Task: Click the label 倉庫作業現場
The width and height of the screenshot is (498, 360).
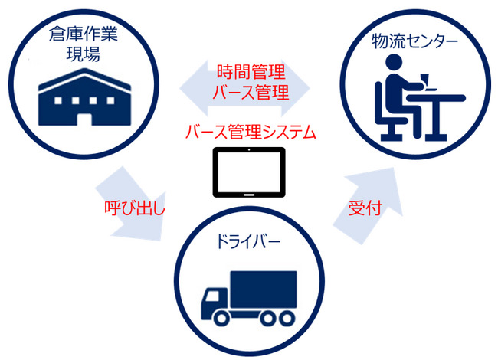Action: [x=84, y=44]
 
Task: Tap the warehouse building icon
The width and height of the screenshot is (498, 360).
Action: [x=84, y=97]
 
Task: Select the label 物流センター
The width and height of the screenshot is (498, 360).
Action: [x=414, y=41]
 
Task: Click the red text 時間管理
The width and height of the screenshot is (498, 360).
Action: [x=251, y=72]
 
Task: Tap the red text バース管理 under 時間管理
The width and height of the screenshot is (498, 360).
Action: [x=251, y=92]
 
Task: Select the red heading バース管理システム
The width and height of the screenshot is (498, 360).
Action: [x=251, y=132]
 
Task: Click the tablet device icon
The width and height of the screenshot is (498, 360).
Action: [x=249, y=172]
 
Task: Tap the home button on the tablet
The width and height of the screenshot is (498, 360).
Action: [x=249, y=195]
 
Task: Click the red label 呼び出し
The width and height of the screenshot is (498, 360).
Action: [x=135, y=208]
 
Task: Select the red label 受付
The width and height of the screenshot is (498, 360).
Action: [x=365, y=208]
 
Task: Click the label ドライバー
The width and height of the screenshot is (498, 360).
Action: [x=248, y=242]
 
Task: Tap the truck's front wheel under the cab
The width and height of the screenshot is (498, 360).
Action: [x=222, y=318]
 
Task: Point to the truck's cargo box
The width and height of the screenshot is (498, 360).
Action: [x=264, y=290]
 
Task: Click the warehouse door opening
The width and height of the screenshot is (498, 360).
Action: [x=84, y=119]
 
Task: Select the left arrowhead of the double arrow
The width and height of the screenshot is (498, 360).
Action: [x=193, y=88]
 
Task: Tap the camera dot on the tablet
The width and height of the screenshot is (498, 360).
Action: [x=249, y=150]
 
